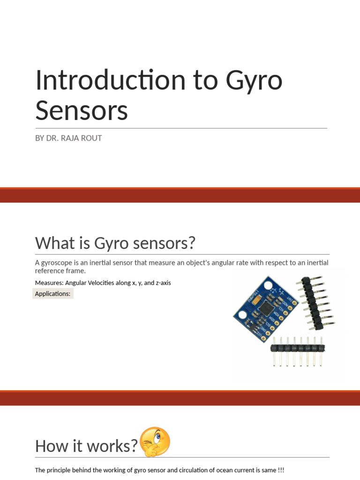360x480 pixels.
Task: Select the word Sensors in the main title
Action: coord(82,111)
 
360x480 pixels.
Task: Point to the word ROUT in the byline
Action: coord(92,138)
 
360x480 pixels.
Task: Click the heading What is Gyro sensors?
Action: coord(115,243)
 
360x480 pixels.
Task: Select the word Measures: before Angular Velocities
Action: coord(49,283)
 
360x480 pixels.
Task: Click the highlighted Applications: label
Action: coord(52,294)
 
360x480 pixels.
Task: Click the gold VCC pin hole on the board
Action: coord(263,338)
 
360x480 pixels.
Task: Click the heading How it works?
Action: coord(86,446)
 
